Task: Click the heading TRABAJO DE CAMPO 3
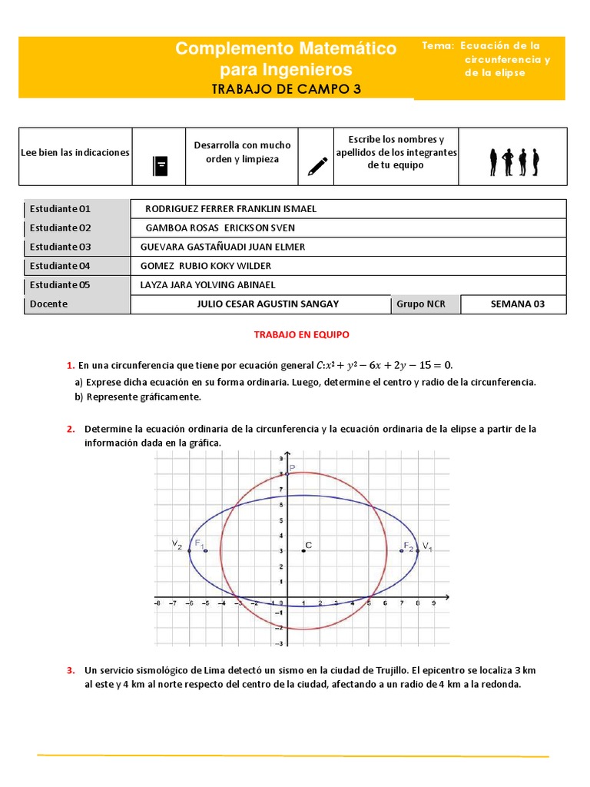pos(286,89)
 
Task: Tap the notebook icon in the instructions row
pos(160,165)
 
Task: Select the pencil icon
pos(316,165)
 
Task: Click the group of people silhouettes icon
pos(514,162)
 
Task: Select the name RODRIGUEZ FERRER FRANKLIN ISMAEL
pos(230,209)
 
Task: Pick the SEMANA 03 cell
pos(517,304)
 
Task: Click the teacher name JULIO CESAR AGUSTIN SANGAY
pos(261,304)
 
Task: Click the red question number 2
pos(70,429)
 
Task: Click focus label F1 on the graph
pos(199,544)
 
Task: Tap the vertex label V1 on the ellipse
pos(427,546)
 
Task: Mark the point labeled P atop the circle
pos(292,467)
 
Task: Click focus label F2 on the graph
pos(409,546)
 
